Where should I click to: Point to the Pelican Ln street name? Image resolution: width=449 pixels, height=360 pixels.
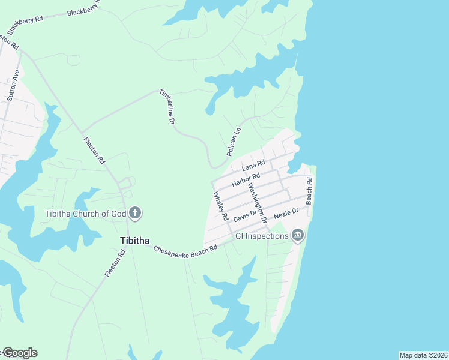point(234,142)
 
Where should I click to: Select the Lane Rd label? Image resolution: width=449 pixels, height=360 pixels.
point(253,164)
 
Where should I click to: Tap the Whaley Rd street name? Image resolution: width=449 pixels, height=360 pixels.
point(220,205)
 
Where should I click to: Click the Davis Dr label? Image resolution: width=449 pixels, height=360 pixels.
point(245,214)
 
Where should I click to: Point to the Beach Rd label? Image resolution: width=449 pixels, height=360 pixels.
point(309,191)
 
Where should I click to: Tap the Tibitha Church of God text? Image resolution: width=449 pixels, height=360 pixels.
point(86,213)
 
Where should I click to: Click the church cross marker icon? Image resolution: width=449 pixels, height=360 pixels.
point(135,212)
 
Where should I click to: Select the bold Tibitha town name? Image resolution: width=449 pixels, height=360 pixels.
point(135,240)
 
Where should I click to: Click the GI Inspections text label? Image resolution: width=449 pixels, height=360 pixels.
point(261,236)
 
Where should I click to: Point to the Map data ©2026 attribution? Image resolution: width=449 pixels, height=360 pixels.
point(423,355)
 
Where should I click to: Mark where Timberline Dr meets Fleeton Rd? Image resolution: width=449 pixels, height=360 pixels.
point(82,131)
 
